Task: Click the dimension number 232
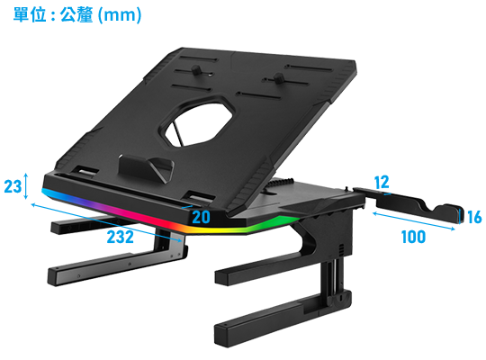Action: pyautogui.click(x=121, y=238)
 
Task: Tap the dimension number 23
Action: pyautogui.click(x=13, y=186)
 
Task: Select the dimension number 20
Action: pyautogui.click(x=201, y=217)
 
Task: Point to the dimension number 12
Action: pyautogui.click(x=382, y=183)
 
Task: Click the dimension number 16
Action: pyautogui.click(x=474, y=217)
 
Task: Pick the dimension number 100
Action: pyautogui.click(x=413, y=238)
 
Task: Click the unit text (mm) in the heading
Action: pyautogui.click(x=120, y=15)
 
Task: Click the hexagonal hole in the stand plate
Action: pyautogui.click(x=197, y=122)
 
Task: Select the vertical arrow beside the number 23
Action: pyautogui.click(x=26, y=186)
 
